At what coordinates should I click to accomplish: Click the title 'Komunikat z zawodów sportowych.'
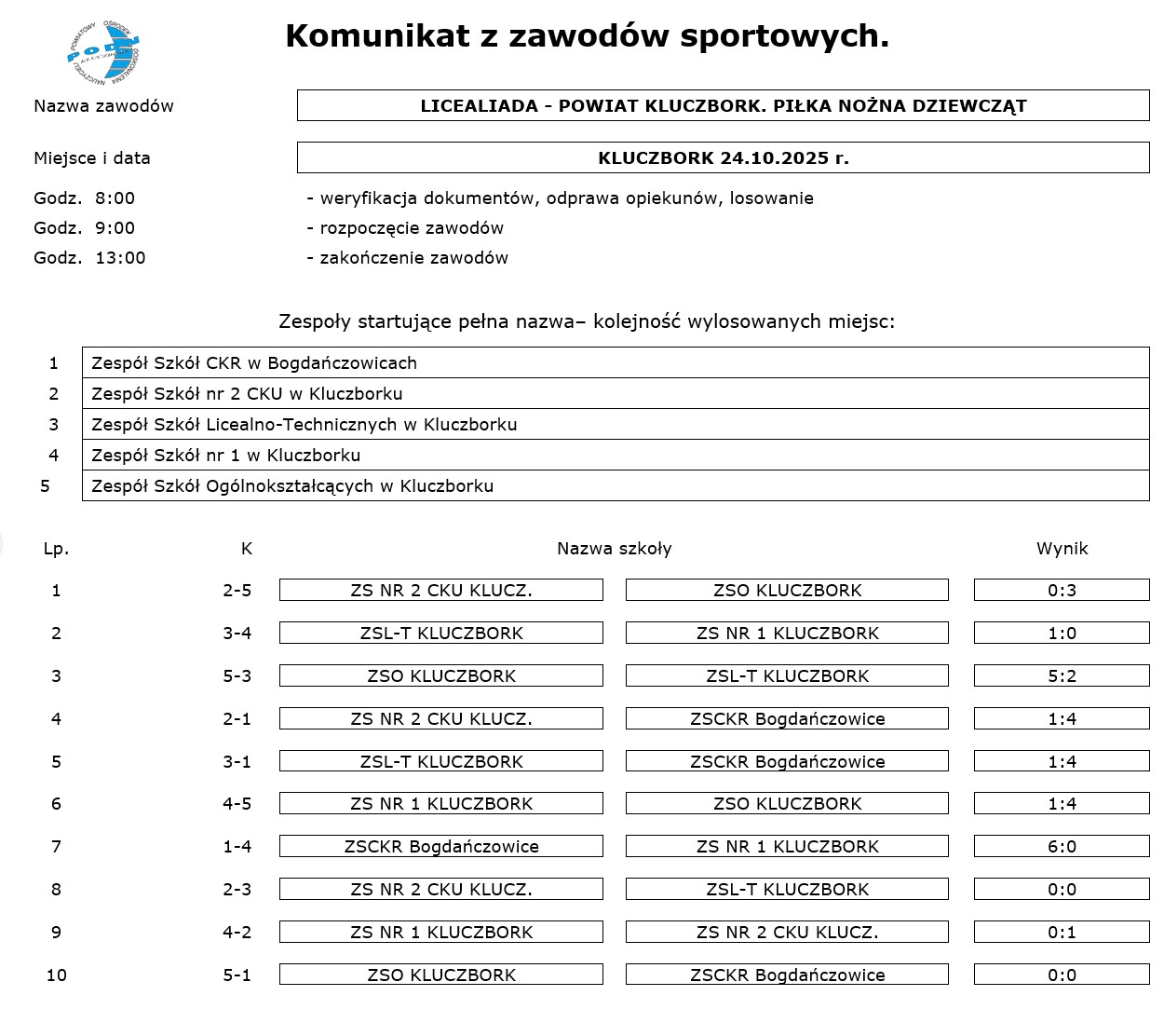point(587,36)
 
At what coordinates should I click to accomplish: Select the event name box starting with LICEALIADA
point(723,105)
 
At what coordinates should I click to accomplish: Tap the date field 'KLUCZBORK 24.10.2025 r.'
point(723,157)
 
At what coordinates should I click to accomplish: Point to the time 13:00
point(120,258)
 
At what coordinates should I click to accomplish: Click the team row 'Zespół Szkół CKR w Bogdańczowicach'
point(616,362)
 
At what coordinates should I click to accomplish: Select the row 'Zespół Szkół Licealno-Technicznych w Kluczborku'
point(616,424)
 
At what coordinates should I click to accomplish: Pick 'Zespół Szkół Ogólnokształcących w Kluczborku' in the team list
point(616,485)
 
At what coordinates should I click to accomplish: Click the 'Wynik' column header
point(1062,549)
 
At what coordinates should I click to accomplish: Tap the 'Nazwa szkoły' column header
point(614,549)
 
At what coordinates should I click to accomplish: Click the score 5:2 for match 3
point(1062,675)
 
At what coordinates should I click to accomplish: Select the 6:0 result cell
point(1062,846)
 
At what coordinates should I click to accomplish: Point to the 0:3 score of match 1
point(1062,590)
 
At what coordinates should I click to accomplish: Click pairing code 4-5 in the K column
point(237,803)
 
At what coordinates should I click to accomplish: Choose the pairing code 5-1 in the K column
point(237,975)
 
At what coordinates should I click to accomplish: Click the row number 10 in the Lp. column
point(56,975)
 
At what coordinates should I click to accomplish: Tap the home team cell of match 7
point(441,846)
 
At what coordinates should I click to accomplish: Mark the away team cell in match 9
point(787,932)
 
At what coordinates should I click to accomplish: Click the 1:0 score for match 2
point(1062,633)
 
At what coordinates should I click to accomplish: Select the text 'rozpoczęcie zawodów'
point(411,228)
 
